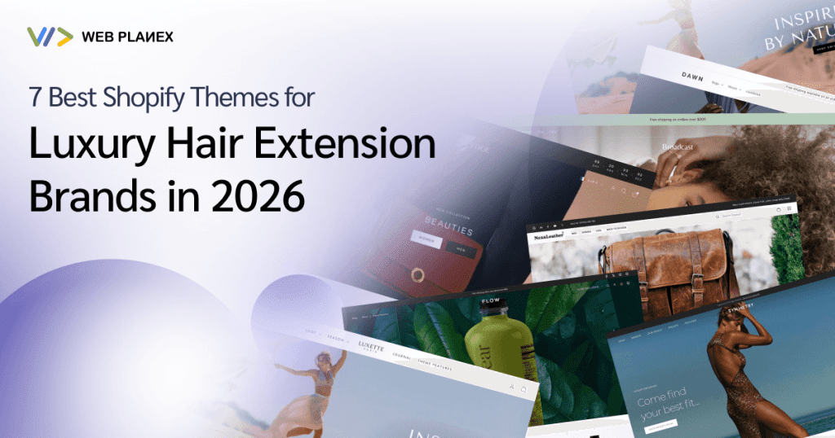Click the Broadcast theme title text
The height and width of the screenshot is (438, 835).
point(678,147)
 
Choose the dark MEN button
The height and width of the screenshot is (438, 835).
point(462,249)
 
